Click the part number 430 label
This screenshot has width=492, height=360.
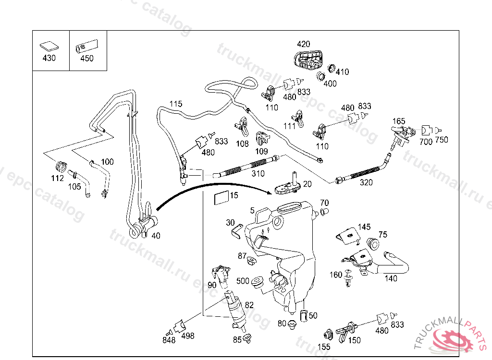(x=49, y=58)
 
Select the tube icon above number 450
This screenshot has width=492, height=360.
(x=86, y=47)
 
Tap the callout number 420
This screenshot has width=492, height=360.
(x=304, y=44)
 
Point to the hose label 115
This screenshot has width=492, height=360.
(x=176, y=104)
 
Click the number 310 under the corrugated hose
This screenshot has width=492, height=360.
(x=258, y=173)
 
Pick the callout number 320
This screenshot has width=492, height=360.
(x=366, y=182)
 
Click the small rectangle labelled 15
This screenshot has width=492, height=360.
(x=221, y=198)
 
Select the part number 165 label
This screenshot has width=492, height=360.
(x=399, y=121)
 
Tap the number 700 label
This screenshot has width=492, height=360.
(x=426, y=142)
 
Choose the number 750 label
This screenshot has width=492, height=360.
(x=442, y=140)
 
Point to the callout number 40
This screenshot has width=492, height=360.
(x=156, y=236)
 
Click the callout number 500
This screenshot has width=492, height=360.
(x=243, y=281)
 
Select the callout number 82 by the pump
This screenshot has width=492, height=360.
(x=249, y=305)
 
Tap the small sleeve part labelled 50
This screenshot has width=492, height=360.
(x=304, y=316)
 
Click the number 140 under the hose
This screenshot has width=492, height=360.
(x=391, y=278)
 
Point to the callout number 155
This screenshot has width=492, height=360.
(x=324, y=347)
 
